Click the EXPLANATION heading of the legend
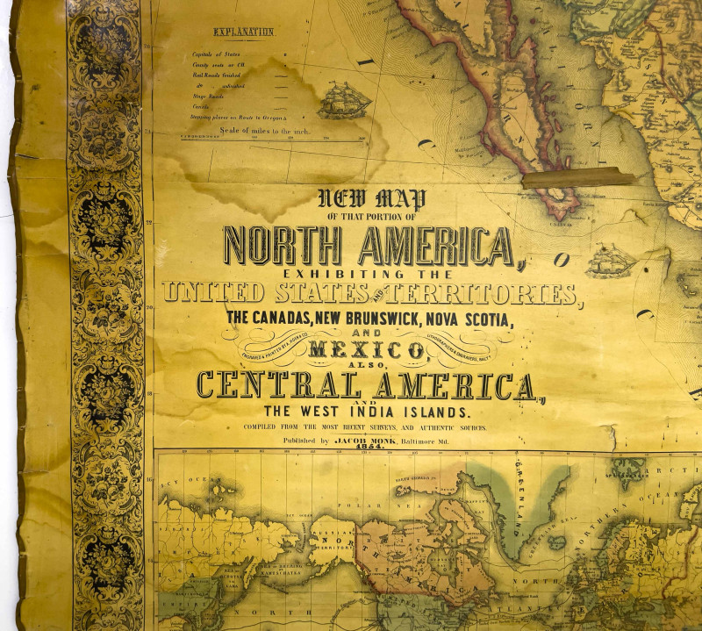[x=243, y=32]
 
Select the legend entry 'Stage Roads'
[x=206, y=96]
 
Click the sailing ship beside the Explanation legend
[x=344, y=100]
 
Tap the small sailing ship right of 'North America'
[x=611, y=261]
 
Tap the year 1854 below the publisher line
[x=369, y=448]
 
